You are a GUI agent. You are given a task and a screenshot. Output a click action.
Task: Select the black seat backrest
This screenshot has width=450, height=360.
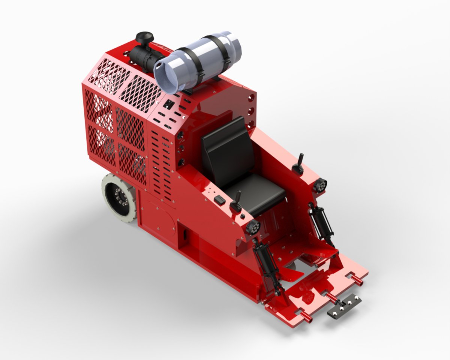click(x=224, y=150)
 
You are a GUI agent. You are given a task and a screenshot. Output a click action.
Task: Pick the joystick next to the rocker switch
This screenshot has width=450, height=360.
click(x=237, y=202)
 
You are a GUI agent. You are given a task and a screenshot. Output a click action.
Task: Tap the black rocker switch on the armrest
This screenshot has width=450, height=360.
click(x=220, y=201)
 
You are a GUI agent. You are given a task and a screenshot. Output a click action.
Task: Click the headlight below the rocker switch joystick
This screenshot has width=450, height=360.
click(x=253, y=227)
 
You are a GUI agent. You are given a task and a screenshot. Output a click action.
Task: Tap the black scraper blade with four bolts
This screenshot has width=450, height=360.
click(x=345, y=306)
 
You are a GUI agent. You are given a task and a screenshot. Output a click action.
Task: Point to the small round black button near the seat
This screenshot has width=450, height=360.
click(x=243, y=216)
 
